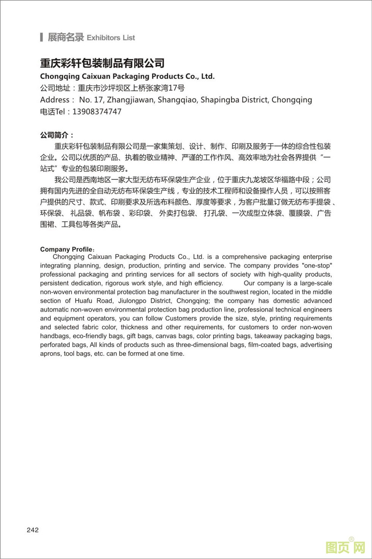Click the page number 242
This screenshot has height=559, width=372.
coord(33,530)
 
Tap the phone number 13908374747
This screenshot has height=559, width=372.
coord(97,112)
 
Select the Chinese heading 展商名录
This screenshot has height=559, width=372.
coord(65,37)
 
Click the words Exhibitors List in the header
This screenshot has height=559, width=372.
coord(111,38)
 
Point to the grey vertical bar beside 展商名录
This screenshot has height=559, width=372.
coord(41,37)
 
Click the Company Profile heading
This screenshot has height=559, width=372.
coord(66,249)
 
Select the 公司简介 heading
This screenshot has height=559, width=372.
coord(57,135)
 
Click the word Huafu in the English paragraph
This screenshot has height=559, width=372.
coord(83,301)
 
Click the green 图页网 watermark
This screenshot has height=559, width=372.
coord(345,547)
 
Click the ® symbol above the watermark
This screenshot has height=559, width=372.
coord(351,539)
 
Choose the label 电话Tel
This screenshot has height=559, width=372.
coord(53,112)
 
